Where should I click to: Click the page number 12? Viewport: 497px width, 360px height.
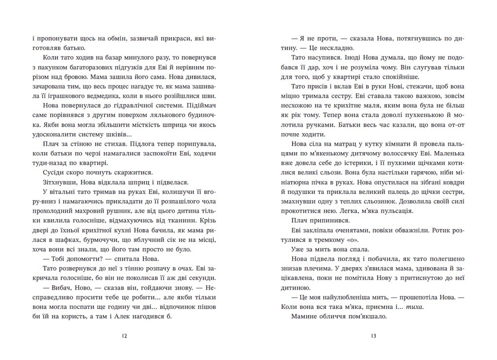pyautogui.click(x=124, y=336)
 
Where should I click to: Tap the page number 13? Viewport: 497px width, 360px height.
pyautogui.click(x=372, y=336)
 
